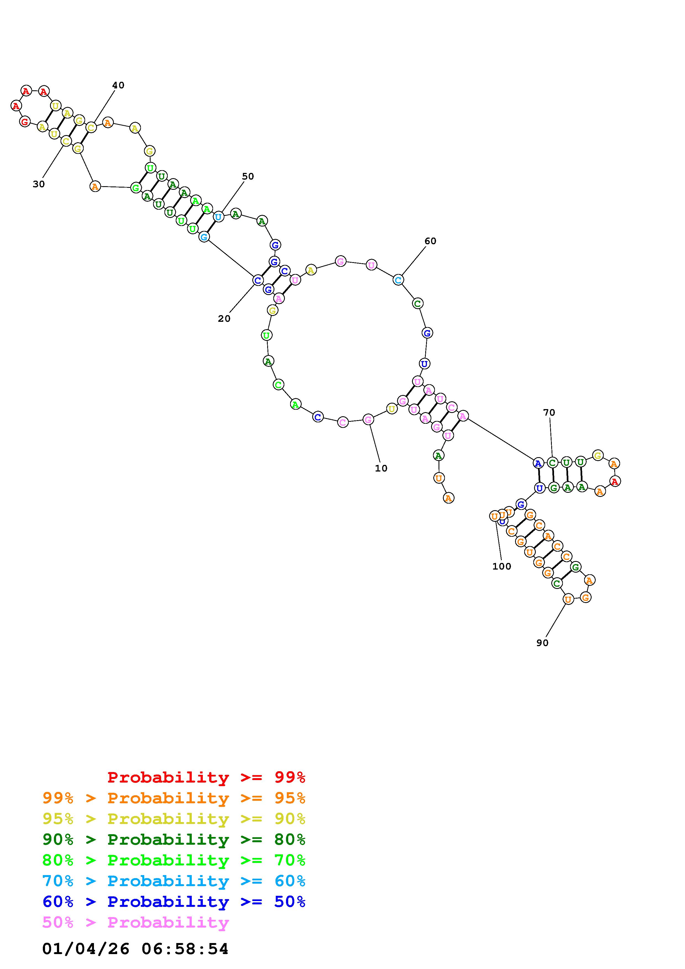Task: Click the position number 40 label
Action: point(118,85)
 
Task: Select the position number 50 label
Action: point(248,177)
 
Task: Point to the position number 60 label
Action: point(430,241)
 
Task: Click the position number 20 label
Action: point(224,319)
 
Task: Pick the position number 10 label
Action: point(381,468)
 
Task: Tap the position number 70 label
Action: point(549,412)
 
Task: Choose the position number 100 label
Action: point(502,566)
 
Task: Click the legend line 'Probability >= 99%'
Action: point(206,777)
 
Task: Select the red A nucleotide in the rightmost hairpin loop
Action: point(615,481)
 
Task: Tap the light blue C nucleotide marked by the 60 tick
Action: point(398,280)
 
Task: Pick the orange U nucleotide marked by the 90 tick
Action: point(568,599)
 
